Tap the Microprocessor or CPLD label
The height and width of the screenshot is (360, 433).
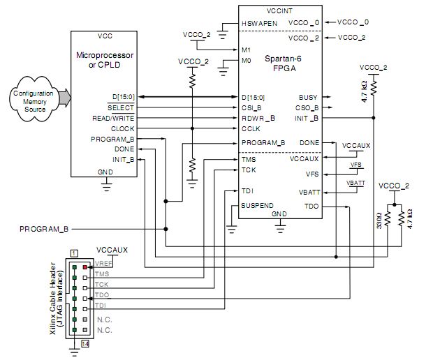pos(105,60)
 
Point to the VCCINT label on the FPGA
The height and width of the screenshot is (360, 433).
pos(279,11)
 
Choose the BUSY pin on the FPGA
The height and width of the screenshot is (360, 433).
pos(308,98)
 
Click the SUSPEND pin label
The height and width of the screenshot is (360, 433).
pos(258,206)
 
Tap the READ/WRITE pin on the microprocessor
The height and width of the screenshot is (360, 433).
pos(113,119)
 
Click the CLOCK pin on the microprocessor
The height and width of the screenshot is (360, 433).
pos(122,129)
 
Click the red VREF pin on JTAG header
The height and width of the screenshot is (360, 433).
pos(85,267)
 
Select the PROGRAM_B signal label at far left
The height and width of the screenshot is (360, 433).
pos(43,229)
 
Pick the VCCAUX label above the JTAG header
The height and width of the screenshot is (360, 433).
pos(112,249)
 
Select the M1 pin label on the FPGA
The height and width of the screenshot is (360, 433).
pos(245,50)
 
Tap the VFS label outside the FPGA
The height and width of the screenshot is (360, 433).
pos(355,165)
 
